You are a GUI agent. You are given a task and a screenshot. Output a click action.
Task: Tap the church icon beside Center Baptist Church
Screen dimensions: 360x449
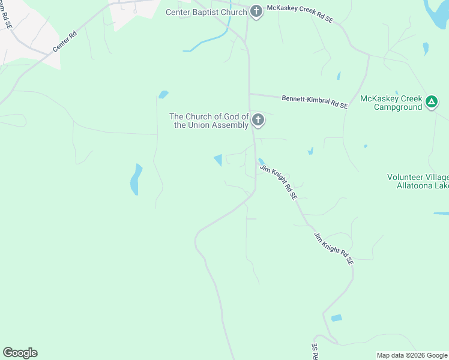point(256,12)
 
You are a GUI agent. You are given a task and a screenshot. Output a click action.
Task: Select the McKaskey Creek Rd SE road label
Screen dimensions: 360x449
point(300,14)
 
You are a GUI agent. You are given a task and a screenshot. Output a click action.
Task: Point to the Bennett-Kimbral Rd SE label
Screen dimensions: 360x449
point(315,101)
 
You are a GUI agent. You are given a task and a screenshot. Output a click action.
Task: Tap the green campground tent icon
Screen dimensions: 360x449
point(432,103)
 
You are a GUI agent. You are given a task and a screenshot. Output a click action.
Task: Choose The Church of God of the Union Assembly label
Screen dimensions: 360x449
point(209,121)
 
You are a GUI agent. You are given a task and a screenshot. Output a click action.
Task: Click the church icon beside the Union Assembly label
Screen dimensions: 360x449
point(258,121)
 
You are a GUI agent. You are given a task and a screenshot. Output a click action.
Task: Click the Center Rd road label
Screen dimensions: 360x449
point(65,41)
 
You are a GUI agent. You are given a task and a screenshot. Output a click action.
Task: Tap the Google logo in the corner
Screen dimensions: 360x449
point(20,353)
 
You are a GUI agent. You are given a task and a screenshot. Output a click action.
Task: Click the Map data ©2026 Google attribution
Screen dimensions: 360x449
point(412,355)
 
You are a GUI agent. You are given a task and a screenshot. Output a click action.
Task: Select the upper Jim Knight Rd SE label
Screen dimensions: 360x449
point(279,182)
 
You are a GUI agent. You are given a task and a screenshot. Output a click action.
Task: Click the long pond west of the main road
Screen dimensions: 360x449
point(136,179)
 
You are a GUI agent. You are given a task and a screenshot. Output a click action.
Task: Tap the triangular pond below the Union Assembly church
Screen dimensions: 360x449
point(218,160)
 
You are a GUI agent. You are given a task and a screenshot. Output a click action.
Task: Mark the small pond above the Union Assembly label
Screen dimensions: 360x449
point(163,94)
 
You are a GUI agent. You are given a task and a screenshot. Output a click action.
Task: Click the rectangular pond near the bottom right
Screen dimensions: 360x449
point(336,318)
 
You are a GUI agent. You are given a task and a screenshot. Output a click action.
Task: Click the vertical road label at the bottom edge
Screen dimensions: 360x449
point(314,352)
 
